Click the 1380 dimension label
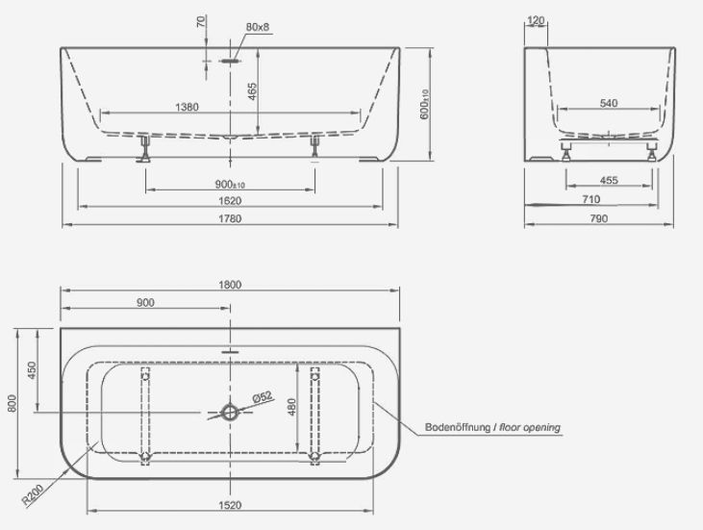click(187, 107)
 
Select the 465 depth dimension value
click(252, 91)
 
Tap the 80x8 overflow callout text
click(258, 27)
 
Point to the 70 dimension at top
click(201, 21)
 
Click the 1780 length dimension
click(230, 218)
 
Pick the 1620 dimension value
click(230, 200)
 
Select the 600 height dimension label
click(424, 105)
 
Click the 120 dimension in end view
click(536, 20)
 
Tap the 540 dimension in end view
click(609, 103)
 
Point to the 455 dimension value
click(609, 180)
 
